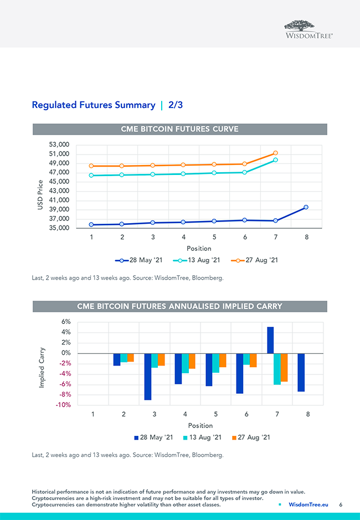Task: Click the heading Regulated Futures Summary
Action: tap(94, 105)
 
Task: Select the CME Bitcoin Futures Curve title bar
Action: tap(179, 129)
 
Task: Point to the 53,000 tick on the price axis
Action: tap(59, 145)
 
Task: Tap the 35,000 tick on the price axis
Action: tap(59, 228)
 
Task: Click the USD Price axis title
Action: tap(40, 195)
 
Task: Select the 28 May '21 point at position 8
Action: tap(306, 207)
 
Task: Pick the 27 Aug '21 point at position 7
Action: tap(275, 153)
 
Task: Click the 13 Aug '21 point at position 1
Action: tap(91, 176)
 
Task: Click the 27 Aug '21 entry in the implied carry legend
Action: tap(250, 437)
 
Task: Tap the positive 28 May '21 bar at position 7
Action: tap(270, 340)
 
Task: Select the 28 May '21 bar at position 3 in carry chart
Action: tap(147, 377)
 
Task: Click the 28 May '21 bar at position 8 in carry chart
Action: tap(301, 372)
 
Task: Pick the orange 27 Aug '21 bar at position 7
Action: tap(284, 367)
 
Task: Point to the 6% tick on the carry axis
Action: tap(65, 322)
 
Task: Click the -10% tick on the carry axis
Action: tap(63, 405)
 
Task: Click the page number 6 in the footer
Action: tap(341, 505)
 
